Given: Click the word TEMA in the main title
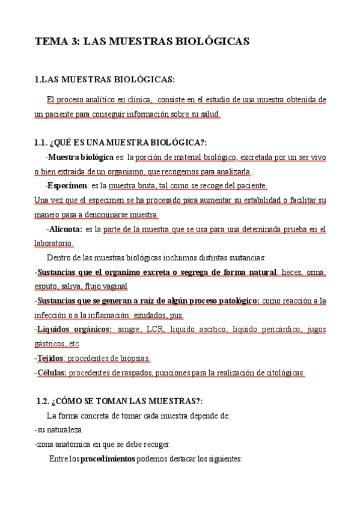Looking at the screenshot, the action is click(x=52, y=42).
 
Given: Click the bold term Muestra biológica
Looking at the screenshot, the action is click(x=81, y=157).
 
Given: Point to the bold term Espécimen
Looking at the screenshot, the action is click(x=67, y=186).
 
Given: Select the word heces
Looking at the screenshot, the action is click(x=291, y=272).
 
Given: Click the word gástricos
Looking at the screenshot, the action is click(x=49, y=344).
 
